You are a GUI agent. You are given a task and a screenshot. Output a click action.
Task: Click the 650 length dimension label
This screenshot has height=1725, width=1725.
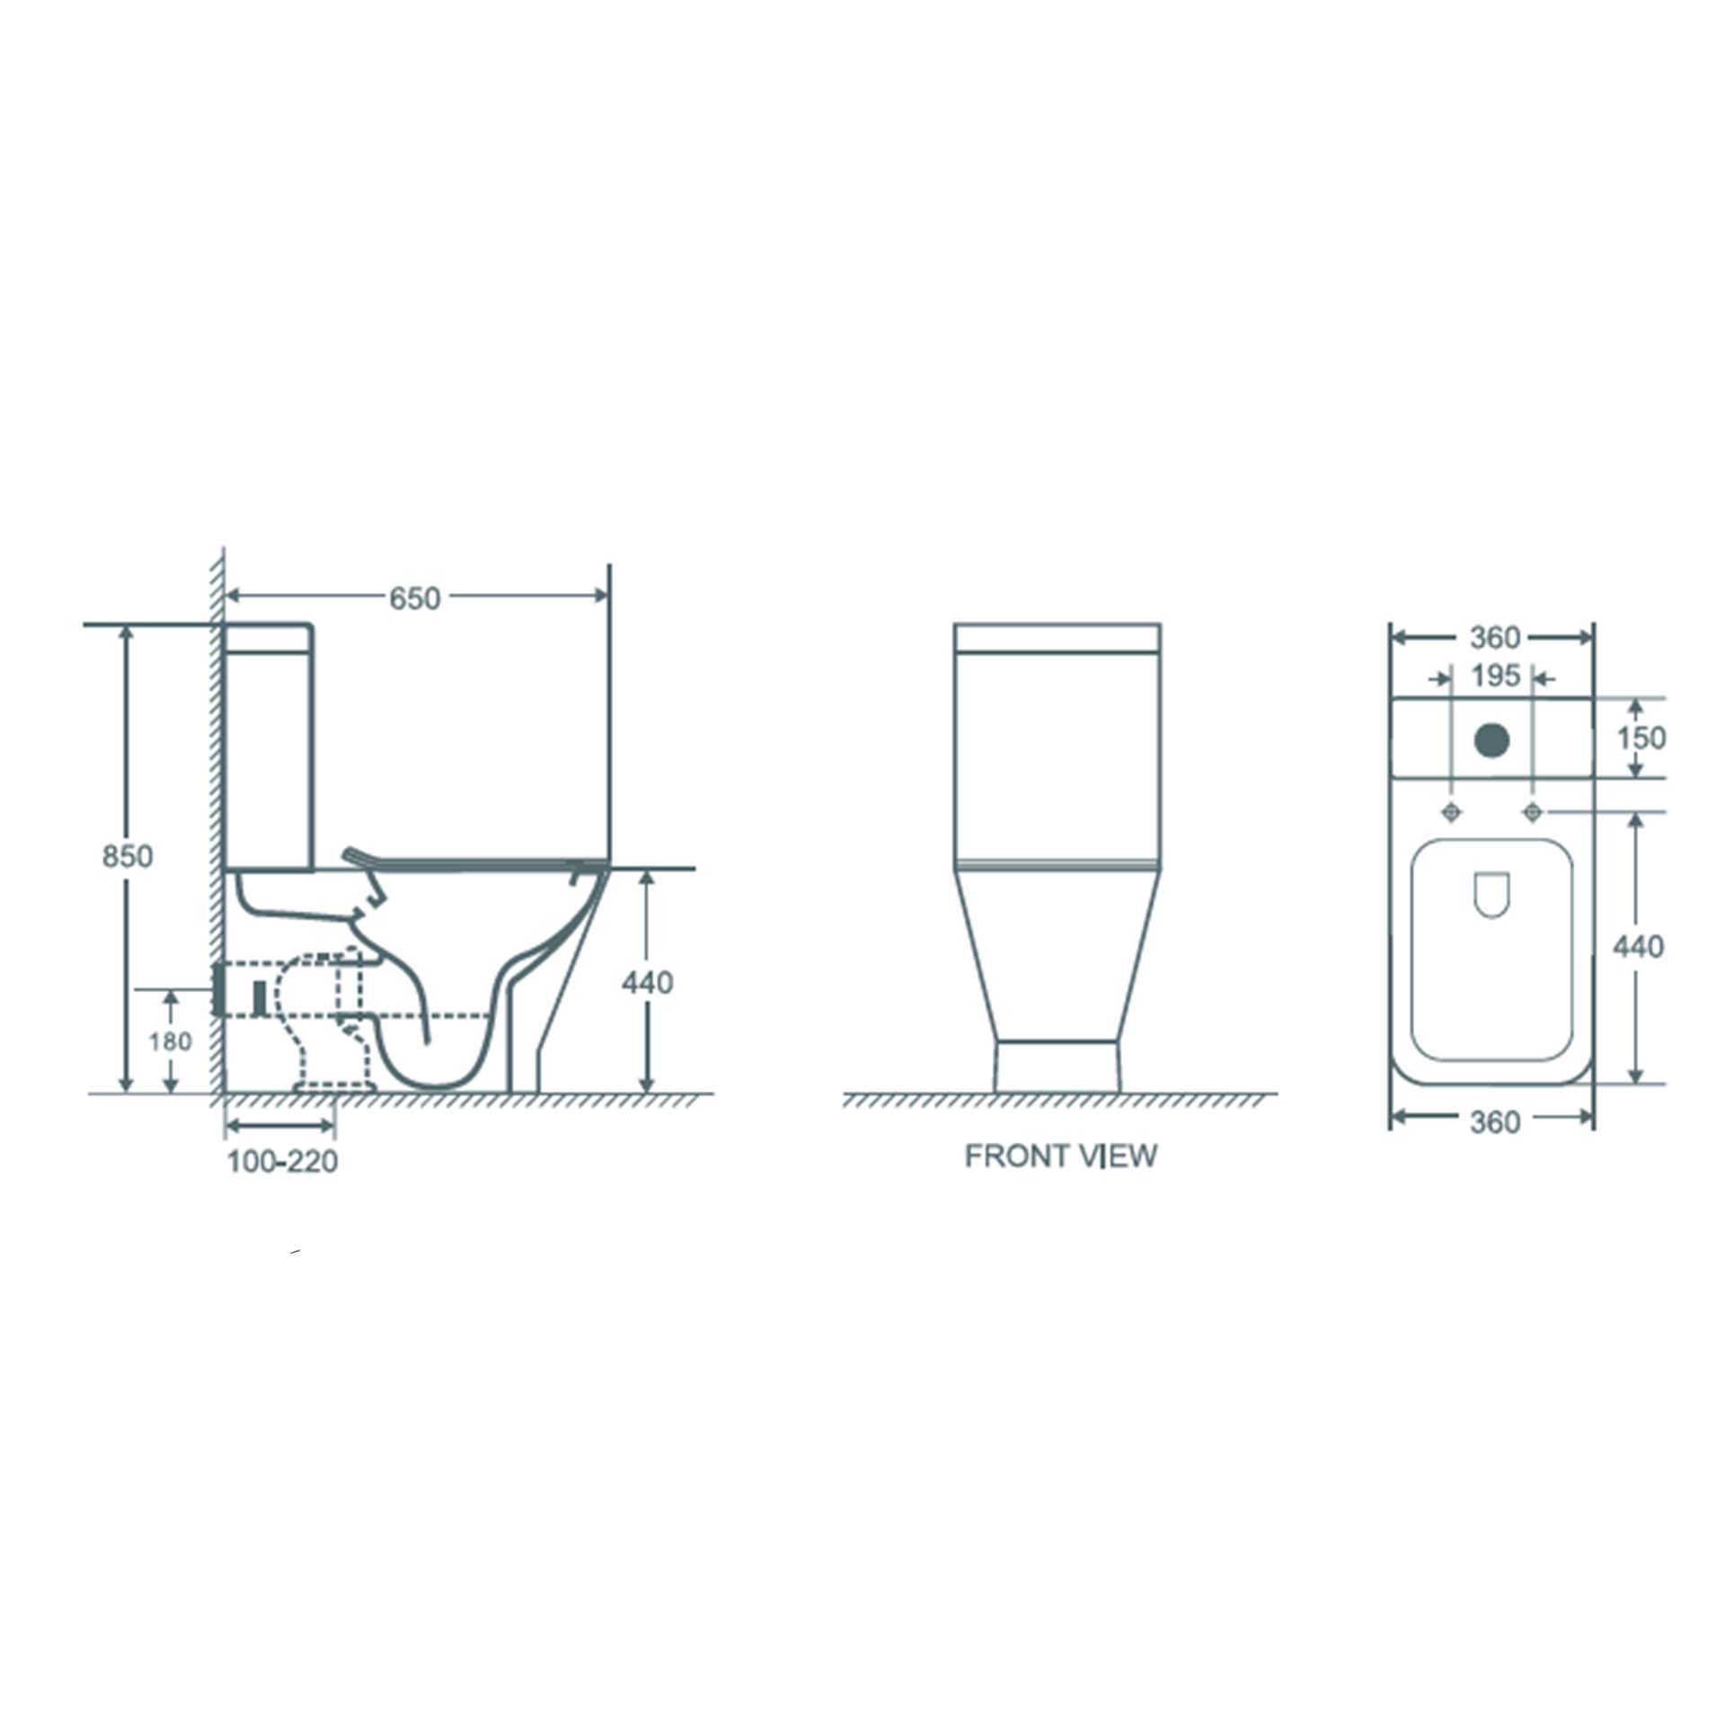click(414, 598)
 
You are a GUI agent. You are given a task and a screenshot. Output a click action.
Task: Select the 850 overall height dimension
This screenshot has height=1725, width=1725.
click(127, 856)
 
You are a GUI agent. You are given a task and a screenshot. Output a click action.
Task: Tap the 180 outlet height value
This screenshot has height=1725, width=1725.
click(170, 1041)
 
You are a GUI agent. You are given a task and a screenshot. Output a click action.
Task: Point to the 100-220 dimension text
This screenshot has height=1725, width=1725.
click(282, 1162)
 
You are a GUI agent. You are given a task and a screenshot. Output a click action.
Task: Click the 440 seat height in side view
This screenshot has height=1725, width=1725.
click(647, 983)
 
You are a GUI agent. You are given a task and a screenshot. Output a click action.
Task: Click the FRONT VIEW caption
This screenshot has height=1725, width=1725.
click(1060, 1155)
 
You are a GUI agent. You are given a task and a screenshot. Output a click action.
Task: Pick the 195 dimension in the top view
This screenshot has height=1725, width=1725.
click(1495, 677)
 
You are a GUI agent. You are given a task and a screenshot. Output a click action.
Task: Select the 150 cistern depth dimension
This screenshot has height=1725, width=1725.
click(1641, 738)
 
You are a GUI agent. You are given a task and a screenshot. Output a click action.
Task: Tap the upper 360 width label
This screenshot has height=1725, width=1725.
click(1494, 638)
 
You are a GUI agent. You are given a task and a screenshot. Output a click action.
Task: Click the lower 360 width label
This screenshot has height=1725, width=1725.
click(1494, 1122)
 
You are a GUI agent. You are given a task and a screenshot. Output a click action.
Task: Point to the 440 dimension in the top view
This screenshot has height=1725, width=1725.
click(1638, 946)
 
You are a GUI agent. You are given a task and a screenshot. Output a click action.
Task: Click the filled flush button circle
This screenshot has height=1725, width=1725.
click(1492, 739)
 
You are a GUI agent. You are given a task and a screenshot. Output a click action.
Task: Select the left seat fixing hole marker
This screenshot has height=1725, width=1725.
click(1451, 812)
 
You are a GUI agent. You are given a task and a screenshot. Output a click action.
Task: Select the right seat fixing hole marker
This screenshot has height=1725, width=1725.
click(1533, 812)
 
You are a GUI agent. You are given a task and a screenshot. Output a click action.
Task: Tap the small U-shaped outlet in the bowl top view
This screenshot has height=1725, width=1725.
click(1492, 895)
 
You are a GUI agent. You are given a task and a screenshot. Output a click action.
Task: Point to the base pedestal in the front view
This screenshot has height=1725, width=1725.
click(1057, 1066)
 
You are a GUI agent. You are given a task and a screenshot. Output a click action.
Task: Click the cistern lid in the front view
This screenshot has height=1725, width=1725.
click(1057, 637)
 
